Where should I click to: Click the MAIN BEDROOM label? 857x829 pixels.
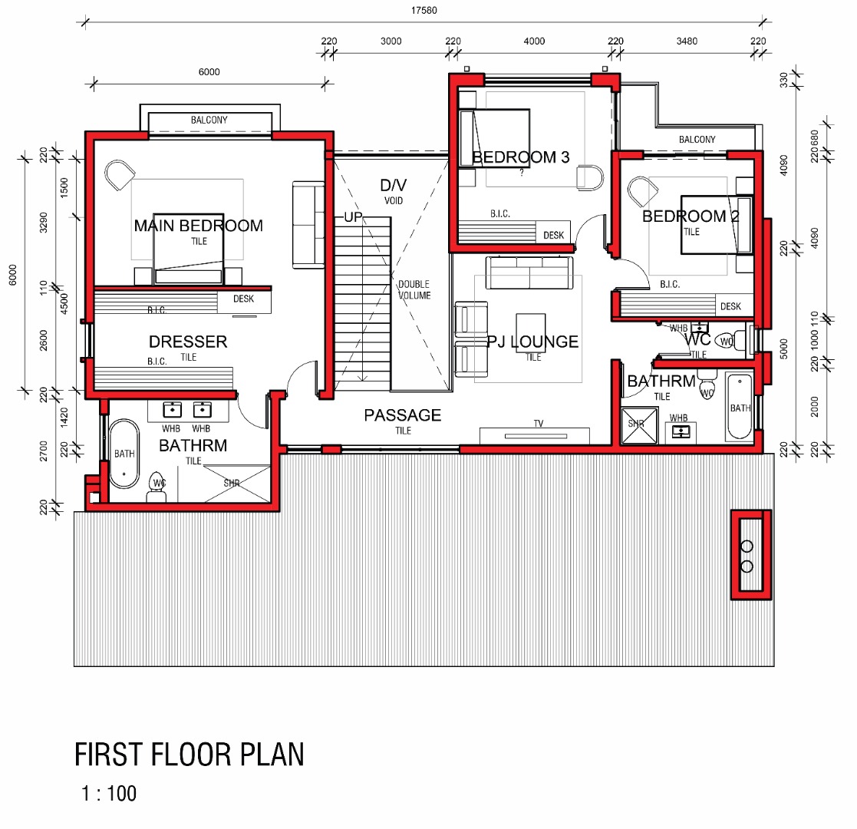pos(199,226)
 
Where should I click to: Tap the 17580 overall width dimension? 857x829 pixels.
pos(424,11)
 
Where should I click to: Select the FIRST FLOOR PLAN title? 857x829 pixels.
pos(189,755)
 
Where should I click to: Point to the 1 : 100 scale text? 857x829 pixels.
pos(109,794)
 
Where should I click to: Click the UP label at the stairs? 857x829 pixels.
pos(353,217)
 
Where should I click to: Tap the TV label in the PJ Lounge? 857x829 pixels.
pos(539,423)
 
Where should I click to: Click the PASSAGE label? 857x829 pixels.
pos(403,415)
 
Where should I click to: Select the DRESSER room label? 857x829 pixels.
pos(188,342)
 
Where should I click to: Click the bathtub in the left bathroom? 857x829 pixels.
pos(124,454)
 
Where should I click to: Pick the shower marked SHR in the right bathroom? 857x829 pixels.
pos(639,425)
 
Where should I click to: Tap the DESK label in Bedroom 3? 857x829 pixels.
pos(553,235)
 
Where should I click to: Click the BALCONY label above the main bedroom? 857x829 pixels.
pos(209,120)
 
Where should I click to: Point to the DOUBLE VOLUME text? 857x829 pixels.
pos(414,290)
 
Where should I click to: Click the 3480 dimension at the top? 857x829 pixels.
pos(687,41)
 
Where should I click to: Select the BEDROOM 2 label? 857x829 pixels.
pos(691,216)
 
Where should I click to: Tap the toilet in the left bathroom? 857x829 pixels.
pos(157,486)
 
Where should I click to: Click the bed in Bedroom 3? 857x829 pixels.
pos(495,138)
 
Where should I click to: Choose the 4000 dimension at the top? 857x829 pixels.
pos(534,41)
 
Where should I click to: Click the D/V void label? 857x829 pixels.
pos(394,186)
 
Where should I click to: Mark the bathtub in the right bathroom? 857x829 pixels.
pos(740,406)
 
